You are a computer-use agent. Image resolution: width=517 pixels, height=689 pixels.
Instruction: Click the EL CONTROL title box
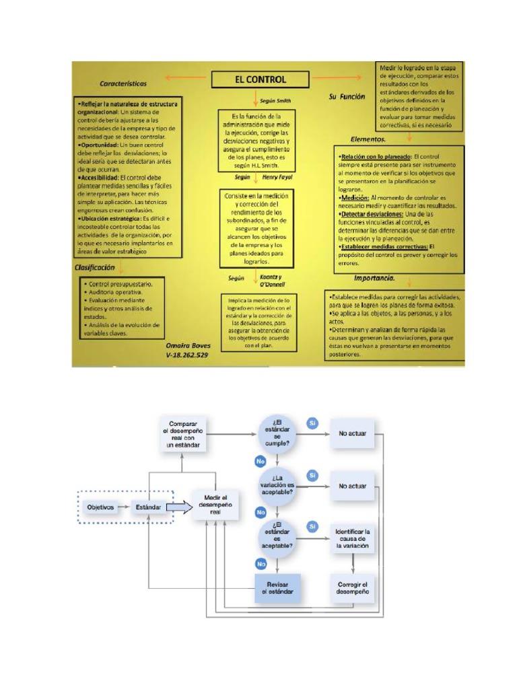pyautogui.click(x=260, y=79)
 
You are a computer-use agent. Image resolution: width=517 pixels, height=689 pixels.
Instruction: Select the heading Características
pyautogui.click(x=123, y=84)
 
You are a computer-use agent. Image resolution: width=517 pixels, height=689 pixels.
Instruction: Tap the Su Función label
pyautogui.click(x=347, y=97)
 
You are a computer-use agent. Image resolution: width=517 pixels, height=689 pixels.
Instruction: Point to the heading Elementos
pyautogui.click(x=368, y=139)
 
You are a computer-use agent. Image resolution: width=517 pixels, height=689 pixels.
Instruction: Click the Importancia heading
pyautogui.click(x=374, y=278)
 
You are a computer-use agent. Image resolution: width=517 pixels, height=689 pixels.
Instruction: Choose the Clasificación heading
pyautogui.click(x=95, y=267)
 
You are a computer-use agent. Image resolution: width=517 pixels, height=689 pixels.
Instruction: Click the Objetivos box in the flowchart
pyautogui.click(x=100, y=507)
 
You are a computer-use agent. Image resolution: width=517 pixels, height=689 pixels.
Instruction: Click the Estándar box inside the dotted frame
pyautogui.click(x=149, y=507)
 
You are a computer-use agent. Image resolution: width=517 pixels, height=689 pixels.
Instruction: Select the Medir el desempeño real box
pyautogui.click(x=216, y=503)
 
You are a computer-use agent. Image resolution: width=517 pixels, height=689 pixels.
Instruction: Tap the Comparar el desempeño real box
pyautogui.click(x=184, y=434)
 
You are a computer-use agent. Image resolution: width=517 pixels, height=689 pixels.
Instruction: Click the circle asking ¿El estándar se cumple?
pyautogui.click(x=277, y=433)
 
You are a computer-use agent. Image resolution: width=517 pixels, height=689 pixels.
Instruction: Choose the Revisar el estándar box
pyautogui.click(x=278, y=587)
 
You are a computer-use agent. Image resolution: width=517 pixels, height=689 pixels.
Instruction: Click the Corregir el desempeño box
pyautogui.click(x=353, y=587)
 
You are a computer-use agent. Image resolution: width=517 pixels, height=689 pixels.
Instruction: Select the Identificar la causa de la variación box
pyautogui.click(x=353, y=539)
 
